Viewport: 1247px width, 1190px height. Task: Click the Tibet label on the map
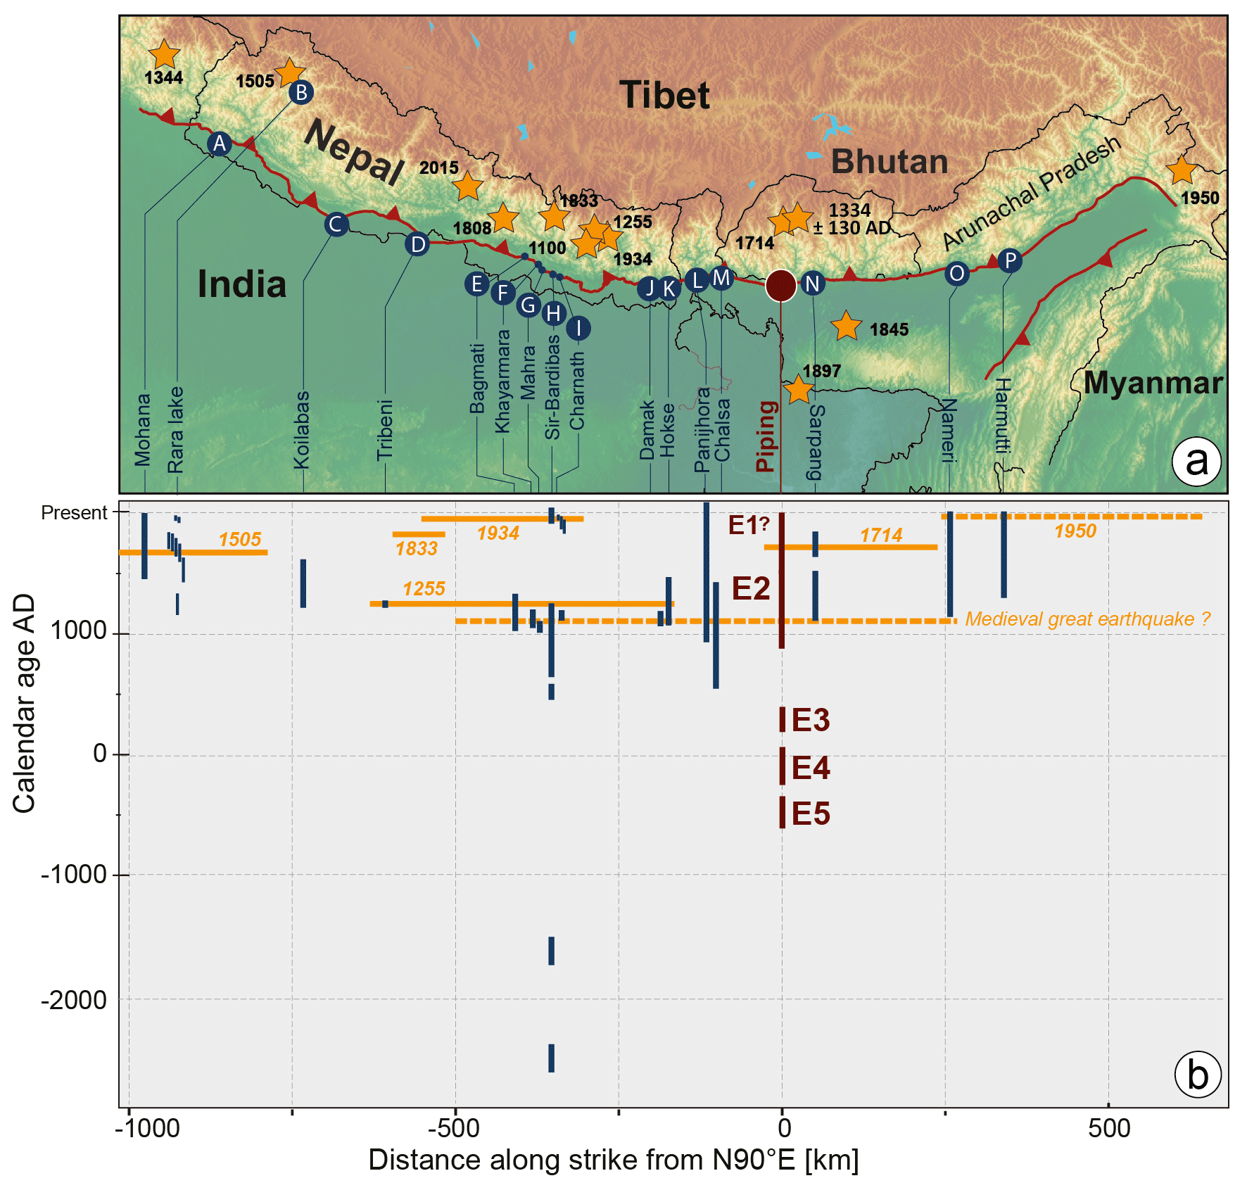(664, 95)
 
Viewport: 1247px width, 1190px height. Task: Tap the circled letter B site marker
(301, 92)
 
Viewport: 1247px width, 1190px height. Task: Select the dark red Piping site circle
(780, 285)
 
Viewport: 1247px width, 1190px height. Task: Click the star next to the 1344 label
(165, 53)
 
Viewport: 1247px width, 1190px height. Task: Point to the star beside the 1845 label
(846, 326)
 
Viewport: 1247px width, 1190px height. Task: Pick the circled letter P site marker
(1010, 261)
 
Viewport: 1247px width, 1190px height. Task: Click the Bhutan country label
(890, 162)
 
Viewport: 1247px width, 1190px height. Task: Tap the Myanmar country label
(1153, 383)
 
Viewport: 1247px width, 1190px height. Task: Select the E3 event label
(811, 721)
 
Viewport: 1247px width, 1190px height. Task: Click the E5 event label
(811, 814)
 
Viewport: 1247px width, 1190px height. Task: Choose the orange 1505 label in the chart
(240, 540)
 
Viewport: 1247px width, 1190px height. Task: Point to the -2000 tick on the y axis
(74, 1000)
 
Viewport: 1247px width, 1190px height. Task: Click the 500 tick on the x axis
(1109, 1128)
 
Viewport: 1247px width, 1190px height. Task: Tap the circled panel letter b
(1198, 1075)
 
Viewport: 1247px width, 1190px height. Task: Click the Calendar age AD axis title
(24, 703)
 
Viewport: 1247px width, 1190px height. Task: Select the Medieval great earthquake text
(1087, 619)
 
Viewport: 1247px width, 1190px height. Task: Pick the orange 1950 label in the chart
(1075, 531)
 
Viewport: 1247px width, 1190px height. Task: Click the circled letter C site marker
(336, 224)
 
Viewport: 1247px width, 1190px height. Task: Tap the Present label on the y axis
(74, 513)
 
